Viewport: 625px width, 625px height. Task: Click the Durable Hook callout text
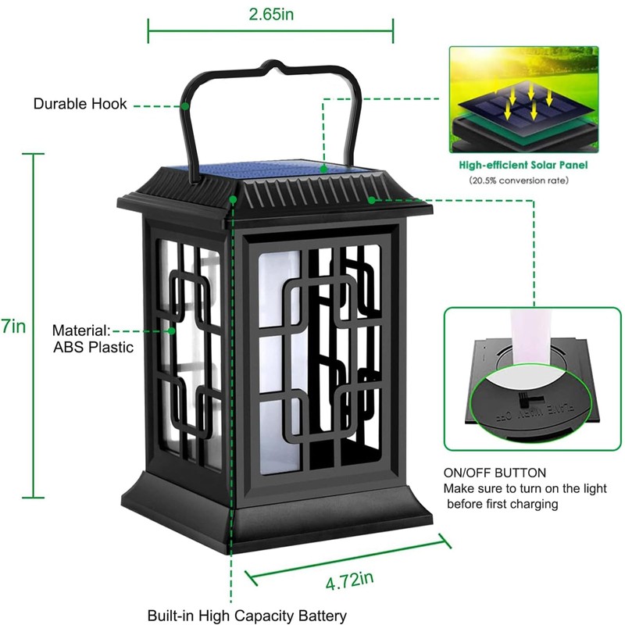(80, 104)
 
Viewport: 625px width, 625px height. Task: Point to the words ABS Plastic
(93, 347)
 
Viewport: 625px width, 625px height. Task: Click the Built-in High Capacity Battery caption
(247, 616)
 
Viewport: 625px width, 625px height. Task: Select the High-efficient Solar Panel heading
(523, 166)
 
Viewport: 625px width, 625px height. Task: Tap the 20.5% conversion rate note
(520, 180)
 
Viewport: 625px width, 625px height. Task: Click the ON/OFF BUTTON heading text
(495, 473)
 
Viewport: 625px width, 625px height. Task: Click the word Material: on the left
(81, 330)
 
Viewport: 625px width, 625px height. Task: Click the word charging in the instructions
(531, 504)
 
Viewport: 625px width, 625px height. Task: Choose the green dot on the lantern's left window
(173, 330)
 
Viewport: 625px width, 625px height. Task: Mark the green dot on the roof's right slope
(374, 199)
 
